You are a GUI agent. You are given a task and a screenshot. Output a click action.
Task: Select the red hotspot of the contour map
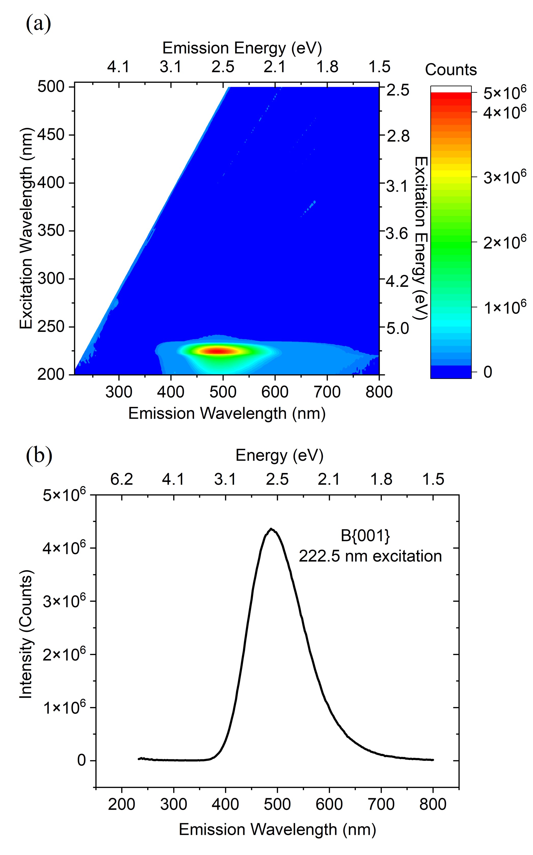[217, 350]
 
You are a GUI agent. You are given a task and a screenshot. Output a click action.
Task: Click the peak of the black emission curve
[271, 529]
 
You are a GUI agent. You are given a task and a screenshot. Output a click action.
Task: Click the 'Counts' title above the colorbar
[450, 70]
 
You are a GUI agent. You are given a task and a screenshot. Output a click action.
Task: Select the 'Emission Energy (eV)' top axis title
[242, 48]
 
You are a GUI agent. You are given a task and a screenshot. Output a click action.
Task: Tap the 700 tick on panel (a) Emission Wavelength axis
[327, 392]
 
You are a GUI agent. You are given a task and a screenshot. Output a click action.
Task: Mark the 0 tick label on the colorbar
[487, 372]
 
